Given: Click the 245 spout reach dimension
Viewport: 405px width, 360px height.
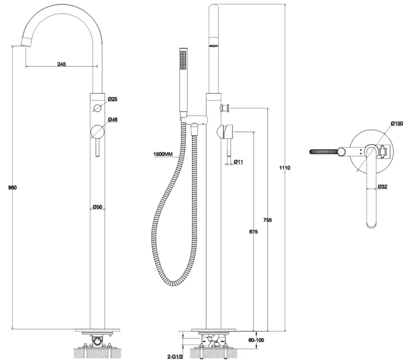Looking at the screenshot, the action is pyautogui.click(x=61, y=64).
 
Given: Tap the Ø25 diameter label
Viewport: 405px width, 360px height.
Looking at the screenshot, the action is pyautogui.click(x=113, y=99).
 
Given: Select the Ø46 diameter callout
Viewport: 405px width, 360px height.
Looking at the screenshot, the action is pyautogui.click(x=113, y=119).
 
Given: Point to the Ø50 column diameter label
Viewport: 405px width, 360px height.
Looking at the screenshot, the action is pyautogui.click(x=97, y=207).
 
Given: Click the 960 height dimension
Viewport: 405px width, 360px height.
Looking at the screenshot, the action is pyautogui.click(x=12, y=187).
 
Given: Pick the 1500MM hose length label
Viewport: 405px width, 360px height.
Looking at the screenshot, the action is pyautogui.click(x=163, y=154).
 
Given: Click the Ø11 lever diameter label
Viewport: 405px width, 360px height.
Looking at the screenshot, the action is pyautogui.click(x=238, y=162).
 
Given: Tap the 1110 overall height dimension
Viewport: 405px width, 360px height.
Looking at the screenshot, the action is pyautogui.click(x=285, y=168).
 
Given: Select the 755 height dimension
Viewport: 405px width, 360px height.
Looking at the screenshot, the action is pyautogui.click(x=268, y=220).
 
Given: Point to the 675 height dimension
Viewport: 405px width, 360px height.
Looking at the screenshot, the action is pyautogui.click(x=253, y=232).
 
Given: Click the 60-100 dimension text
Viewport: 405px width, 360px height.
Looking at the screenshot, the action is pyautogui.click(x=256, y=340).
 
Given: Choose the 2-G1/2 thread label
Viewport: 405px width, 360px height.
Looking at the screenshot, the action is pyautogui.click(x=175, y=357).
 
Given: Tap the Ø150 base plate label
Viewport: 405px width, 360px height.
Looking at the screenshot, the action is pyautogui.click(x=397, y=124).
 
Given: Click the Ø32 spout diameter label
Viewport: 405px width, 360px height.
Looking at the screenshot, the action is pyautogui.click(x=382, y=186).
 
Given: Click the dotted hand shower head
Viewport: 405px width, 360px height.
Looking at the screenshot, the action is pyautogui.click(x=183, y=59).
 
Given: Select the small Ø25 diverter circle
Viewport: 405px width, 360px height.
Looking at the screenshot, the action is pyautogui.click(x=97, y=108).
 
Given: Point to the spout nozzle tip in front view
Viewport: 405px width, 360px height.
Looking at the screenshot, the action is pyautogui.click(x=26, y=42).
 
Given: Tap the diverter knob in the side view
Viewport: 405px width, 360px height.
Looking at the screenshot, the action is pyautogui.click(x=225, y=107).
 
